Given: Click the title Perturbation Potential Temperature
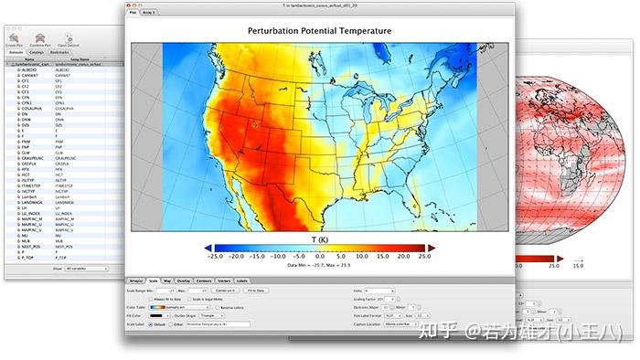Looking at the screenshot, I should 319,31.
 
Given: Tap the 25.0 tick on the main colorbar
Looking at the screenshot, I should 421,257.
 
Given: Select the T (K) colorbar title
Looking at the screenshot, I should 319,238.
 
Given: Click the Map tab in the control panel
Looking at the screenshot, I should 167,280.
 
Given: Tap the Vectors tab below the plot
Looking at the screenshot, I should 223,280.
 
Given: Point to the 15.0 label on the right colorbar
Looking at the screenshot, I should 578,265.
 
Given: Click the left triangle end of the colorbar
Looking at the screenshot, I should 208,248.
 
